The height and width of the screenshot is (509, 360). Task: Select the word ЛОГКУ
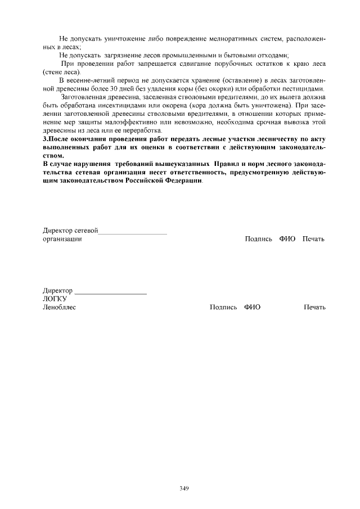coord(55,299)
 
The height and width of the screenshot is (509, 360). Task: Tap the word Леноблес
coord(59,307)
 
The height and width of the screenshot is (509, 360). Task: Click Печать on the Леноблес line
coord(314,307)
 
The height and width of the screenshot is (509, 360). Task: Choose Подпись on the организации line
coord(259,239)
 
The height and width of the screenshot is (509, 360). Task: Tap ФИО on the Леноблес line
coord(252,307)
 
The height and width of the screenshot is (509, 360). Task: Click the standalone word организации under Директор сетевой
coord(62,239)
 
